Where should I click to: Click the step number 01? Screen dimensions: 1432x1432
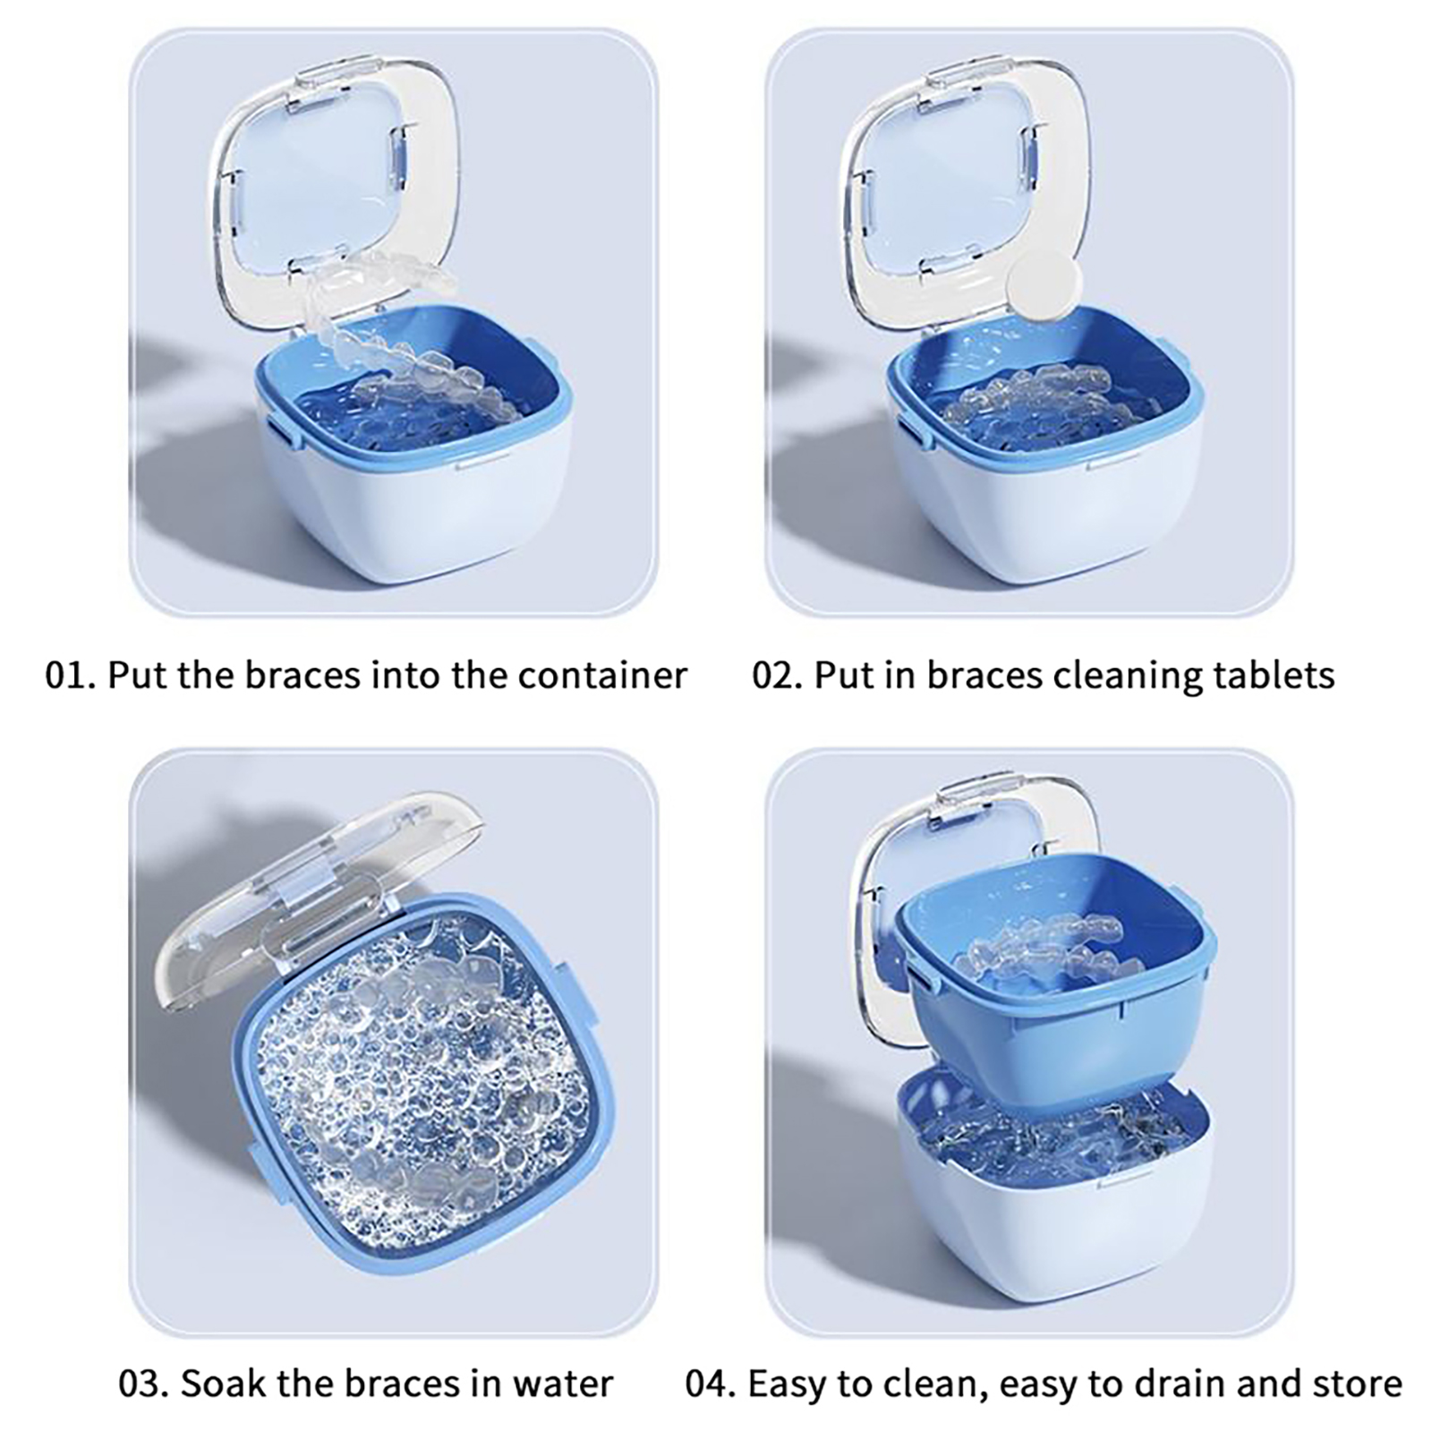68,675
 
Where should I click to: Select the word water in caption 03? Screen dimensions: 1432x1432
563,1384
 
